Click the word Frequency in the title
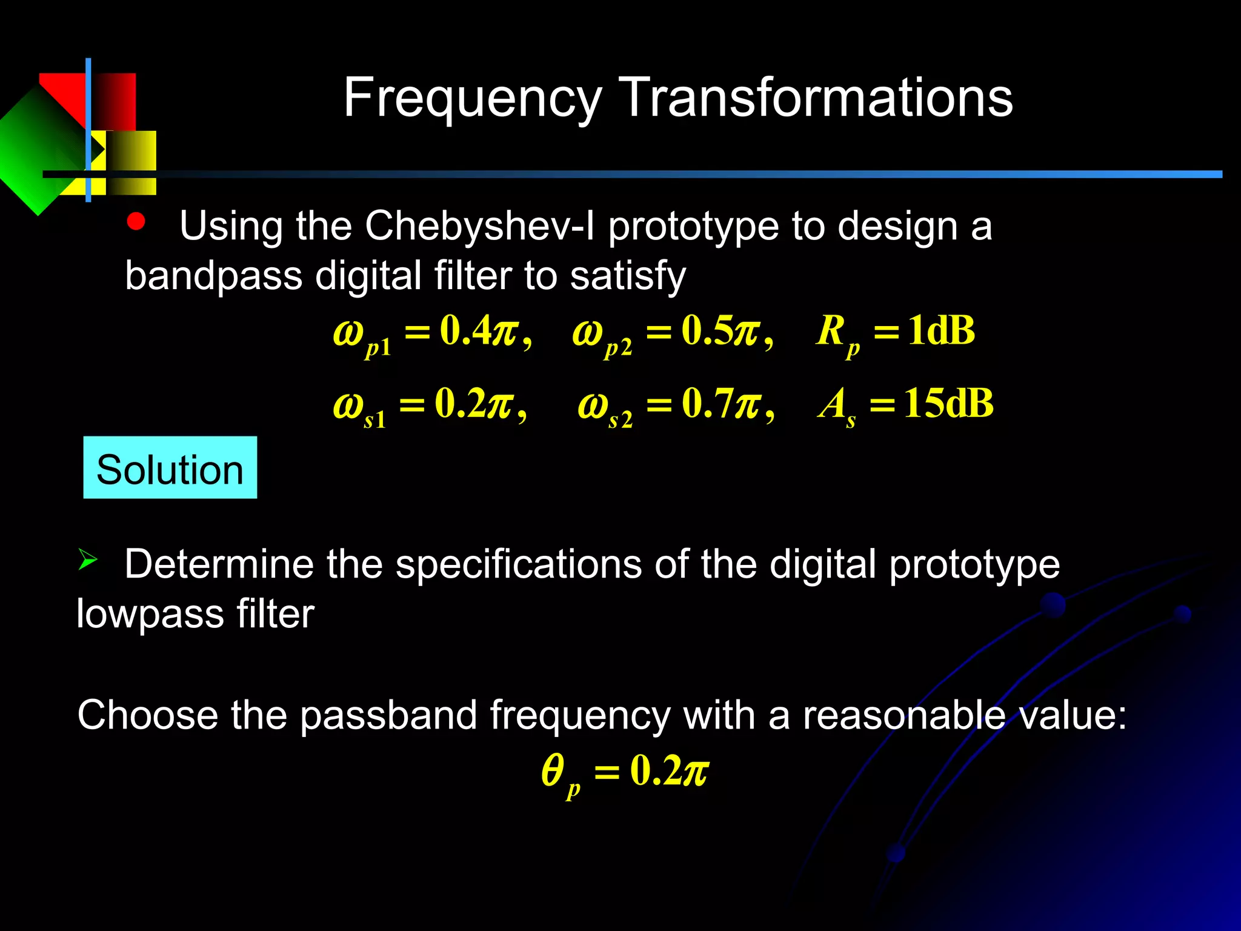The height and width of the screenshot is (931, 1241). pyautogui.click(x=472, y=98)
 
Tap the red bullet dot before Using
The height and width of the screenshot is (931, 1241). pyautogui.click(x=136, y=222)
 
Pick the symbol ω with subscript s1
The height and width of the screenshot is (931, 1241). pyautogui.click(x=358, y=407)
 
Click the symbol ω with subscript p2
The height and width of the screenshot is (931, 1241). pyautogui.click(x=600, y=335)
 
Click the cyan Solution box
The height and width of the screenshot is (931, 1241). pyautogui.click(x=170, y=468)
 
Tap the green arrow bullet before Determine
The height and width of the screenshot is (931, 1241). pyautogui.click(x=87, y=559)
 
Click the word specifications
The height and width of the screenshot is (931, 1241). pyautogui.click(x=519, y=564)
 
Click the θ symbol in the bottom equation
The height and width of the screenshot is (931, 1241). pyautogui.click(x=553, y=771)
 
